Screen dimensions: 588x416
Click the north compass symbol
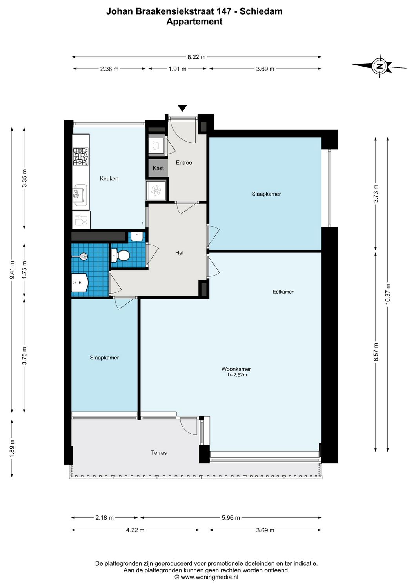379,66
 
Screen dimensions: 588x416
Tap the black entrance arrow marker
182,108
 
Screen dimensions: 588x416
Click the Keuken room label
109,178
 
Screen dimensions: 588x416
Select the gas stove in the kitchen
81,156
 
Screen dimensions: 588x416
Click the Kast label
158,168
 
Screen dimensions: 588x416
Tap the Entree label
184,162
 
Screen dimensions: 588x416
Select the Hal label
179,253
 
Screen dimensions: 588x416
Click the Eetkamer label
283,292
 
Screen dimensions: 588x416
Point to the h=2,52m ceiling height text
237,375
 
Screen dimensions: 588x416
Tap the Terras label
159,453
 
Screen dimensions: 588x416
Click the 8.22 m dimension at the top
196,57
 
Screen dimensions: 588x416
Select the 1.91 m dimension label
178,69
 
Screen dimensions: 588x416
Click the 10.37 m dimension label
388,294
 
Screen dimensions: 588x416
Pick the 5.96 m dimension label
231,518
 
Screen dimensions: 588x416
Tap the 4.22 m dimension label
135,530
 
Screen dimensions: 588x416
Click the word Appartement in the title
194,22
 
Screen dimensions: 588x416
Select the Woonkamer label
236,369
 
